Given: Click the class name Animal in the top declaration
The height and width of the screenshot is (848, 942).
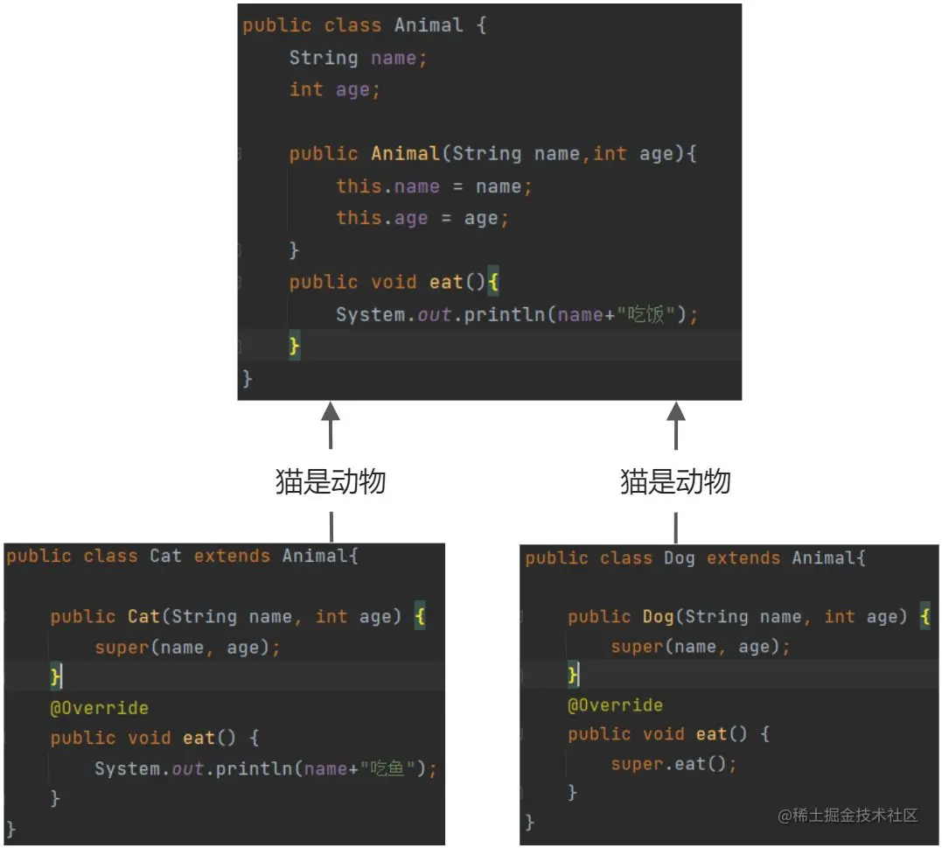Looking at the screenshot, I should click(428, 25).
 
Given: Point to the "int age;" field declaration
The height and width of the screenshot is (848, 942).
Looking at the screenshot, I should click(335, 89).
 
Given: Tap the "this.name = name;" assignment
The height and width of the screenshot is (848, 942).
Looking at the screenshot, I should click(434, 186).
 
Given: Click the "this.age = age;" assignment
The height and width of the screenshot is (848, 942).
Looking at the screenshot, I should click(422, 218).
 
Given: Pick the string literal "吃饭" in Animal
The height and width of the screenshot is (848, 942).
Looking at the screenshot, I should click(648, 314).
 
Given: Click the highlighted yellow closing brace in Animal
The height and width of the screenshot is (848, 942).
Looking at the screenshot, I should click(295, 347).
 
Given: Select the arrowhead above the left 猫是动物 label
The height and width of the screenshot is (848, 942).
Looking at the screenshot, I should click(331, 413).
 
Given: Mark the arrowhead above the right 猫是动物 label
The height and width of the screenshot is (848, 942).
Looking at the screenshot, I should click(675, 413).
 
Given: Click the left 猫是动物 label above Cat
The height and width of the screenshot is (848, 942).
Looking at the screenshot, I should click(331, 481).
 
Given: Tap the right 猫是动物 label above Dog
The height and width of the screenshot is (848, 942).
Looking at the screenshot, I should click(675, 481).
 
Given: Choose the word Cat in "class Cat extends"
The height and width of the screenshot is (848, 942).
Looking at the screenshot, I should click(165, 557).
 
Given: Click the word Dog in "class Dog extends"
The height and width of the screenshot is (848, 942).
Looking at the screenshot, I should click(679, 558).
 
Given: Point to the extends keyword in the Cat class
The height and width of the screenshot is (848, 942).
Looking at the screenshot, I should click(232, 557).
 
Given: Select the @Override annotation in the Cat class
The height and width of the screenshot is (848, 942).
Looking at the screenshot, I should click(99, 708).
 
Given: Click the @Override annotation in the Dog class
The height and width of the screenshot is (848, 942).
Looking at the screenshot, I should click(615, 705).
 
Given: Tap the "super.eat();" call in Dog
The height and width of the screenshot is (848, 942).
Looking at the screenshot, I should click(673, 764).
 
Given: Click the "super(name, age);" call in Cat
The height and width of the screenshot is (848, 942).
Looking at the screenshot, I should click(188, 648).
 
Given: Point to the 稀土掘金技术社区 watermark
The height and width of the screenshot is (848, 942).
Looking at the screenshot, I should click(848, 816).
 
